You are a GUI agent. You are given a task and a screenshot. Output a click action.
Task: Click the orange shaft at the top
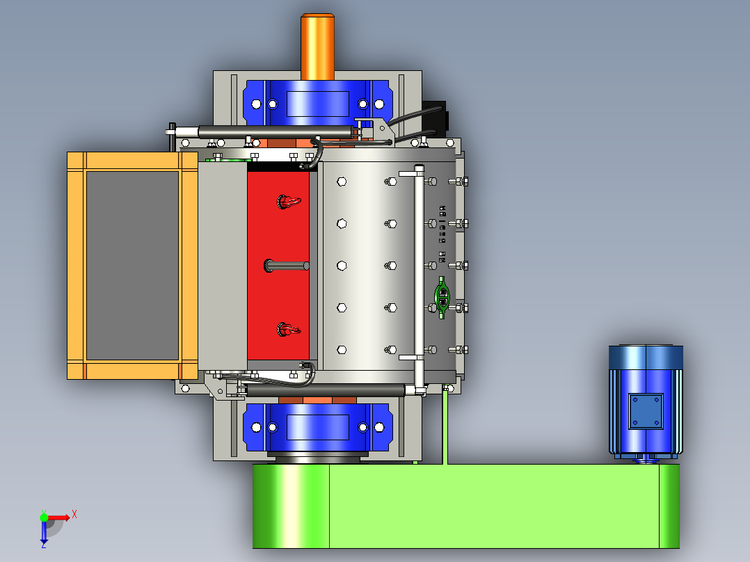[x=317, y=47]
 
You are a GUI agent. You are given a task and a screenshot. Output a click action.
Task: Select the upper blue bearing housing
[x=317, y=103]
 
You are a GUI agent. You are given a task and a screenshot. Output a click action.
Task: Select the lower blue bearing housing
[x=317, y=427]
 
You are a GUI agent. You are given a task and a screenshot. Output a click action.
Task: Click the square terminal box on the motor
[x=646, y=411]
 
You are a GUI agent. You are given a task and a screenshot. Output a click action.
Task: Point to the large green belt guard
[x=466, y=506]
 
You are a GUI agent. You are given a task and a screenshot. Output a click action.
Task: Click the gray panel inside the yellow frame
[x=132, y=266]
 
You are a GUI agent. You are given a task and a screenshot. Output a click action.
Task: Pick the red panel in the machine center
[x=278, y=266]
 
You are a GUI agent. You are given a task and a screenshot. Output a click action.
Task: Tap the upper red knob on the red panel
[x=289, y=202]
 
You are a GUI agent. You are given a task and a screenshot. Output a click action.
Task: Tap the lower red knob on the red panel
[x=289, y=329]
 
